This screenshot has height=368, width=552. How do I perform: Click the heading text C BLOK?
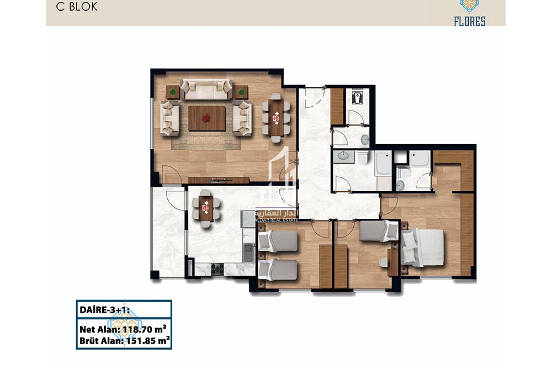(x=77, y=7)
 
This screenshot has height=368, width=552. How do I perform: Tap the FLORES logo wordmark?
(x=470, y=21)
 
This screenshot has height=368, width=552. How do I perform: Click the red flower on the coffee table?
(x=206, y=117)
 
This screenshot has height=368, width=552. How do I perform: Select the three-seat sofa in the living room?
(x=206, y=89)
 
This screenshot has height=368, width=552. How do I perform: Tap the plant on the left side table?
(x=173, y=92)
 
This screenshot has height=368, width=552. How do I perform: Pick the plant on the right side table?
(x=241, y=92)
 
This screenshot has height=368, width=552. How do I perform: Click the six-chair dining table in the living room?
(x=276, y=117)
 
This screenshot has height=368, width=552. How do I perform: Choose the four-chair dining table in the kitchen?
(x=206, y=208)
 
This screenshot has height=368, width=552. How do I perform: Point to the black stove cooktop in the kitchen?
(x=217, y=269)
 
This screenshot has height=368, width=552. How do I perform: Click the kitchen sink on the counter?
(x=249, y=252)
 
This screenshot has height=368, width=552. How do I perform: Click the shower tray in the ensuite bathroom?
(x=420, y=158)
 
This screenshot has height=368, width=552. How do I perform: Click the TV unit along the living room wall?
(x=218, y=180)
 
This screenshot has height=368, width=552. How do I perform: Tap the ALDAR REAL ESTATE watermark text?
(x=277, y=220)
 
